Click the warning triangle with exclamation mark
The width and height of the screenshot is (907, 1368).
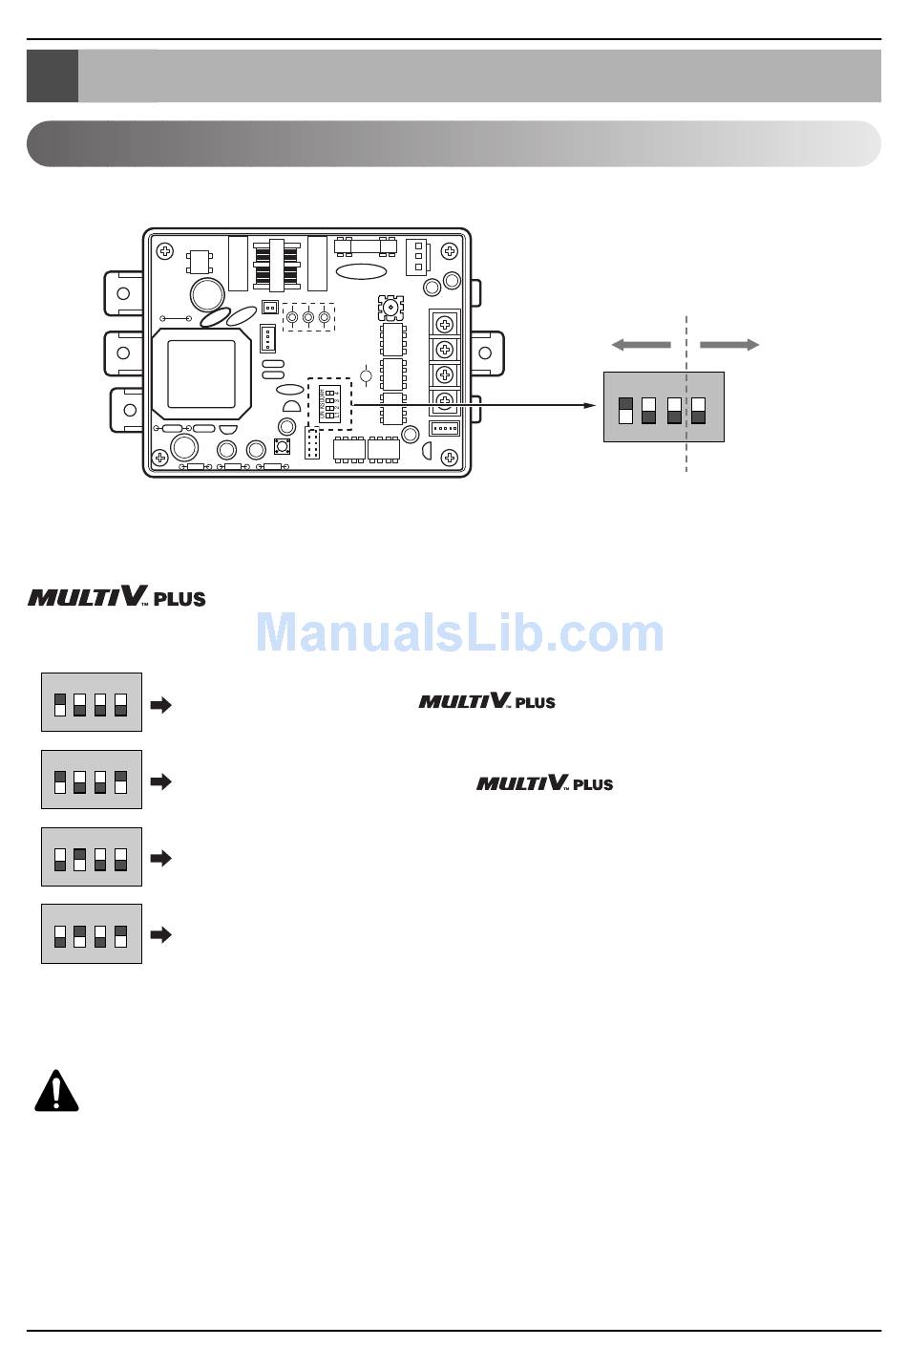(56, 1091)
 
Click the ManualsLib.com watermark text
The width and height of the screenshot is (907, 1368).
(459, 633)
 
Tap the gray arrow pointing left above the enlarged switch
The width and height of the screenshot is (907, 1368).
(641, 345)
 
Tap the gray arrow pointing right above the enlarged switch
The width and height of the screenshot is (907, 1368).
(729, 345)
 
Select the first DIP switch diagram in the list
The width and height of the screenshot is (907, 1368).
(92, 702)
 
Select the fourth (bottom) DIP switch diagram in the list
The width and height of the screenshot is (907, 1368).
(92, 933)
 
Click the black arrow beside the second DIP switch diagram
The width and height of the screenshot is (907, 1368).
(161, 781)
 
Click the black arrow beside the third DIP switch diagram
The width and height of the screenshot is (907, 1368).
(161, 858)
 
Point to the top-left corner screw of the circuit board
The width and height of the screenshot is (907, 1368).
(166, 251)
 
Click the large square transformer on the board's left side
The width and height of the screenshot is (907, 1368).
(201, 374)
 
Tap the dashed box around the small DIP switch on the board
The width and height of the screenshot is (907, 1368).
(330, 403)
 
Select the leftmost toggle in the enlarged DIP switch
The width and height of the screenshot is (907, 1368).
(625, 410)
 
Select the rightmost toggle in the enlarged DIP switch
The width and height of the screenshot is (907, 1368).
(698, 410)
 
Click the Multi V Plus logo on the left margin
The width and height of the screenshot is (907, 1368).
(116, 598)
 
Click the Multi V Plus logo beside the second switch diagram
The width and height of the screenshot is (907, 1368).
(544, 783)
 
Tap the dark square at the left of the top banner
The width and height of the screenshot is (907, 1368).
(53, 75)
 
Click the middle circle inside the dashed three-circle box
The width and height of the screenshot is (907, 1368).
(308, 316)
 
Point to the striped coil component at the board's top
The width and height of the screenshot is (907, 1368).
(277, 264)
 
